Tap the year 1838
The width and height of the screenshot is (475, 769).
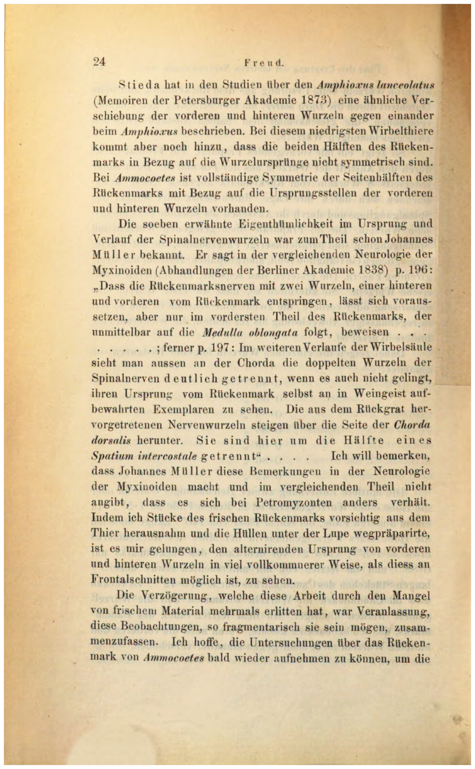click(372, 270)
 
